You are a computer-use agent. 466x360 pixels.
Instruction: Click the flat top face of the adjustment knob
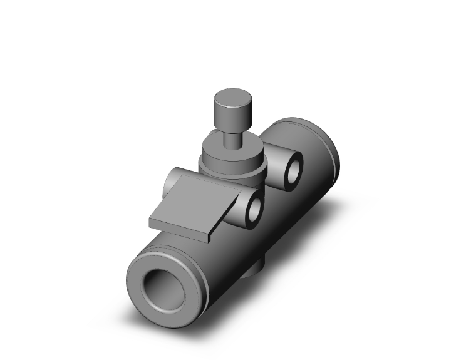(232, 98)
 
